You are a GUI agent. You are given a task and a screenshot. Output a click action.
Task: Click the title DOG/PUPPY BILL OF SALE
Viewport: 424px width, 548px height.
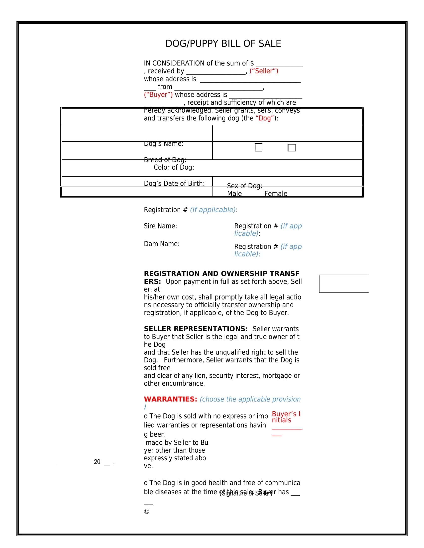(x=223, y=44)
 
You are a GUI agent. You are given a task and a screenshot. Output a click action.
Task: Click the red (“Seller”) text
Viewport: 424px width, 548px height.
(x=264, y=71)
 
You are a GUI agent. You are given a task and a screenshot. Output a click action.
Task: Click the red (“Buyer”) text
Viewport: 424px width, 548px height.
(x=158, y=95)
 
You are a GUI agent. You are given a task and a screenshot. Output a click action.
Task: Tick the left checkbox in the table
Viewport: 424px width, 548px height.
(x=258, y=147)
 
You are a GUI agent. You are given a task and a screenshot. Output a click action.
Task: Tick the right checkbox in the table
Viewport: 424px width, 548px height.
(x=291, y=147)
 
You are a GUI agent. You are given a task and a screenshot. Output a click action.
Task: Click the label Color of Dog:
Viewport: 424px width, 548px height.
(x=174, y=167)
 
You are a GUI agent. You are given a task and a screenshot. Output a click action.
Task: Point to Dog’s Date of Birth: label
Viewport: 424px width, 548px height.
(x=174, y=183)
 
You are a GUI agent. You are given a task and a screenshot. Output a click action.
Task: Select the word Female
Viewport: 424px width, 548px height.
(x=276, y=194)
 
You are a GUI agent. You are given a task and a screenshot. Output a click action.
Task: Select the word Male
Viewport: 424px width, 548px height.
(x=234, y=194)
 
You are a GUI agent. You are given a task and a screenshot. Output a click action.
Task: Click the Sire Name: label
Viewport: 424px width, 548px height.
(x=161, y=226)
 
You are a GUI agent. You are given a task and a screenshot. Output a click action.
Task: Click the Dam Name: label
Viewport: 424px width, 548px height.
(x=162, y=244)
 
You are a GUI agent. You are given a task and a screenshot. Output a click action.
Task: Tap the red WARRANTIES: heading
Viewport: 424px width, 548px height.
(x=171, y=399)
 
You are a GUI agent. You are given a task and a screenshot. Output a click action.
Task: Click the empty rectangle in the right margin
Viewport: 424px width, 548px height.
(x=344, y=284)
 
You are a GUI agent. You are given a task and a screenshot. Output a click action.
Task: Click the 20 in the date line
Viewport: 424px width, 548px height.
(x=97, y=462)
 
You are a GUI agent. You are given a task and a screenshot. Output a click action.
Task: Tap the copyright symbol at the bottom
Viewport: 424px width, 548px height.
(x=146, y=511)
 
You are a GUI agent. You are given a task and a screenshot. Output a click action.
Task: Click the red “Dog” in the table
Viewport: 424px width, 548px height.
(x=264, y=118)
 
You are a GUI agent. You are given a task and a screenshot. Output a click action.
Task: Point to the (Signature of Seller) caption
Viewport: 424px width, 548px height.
(x=246, y=493)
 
